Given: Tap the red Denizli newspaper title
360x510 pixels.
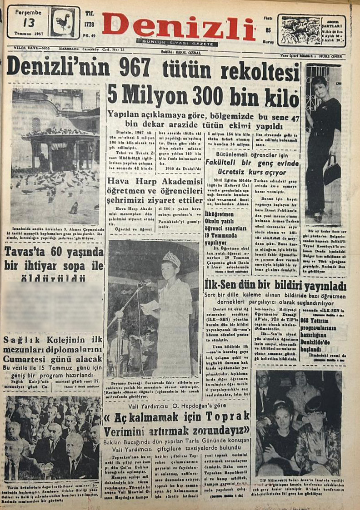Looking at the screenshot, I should pyautogui.click(x=178, y=26).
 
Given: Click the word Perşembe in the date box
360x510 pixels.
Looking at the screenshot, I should pyautogui.click(x=28, y=12).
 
